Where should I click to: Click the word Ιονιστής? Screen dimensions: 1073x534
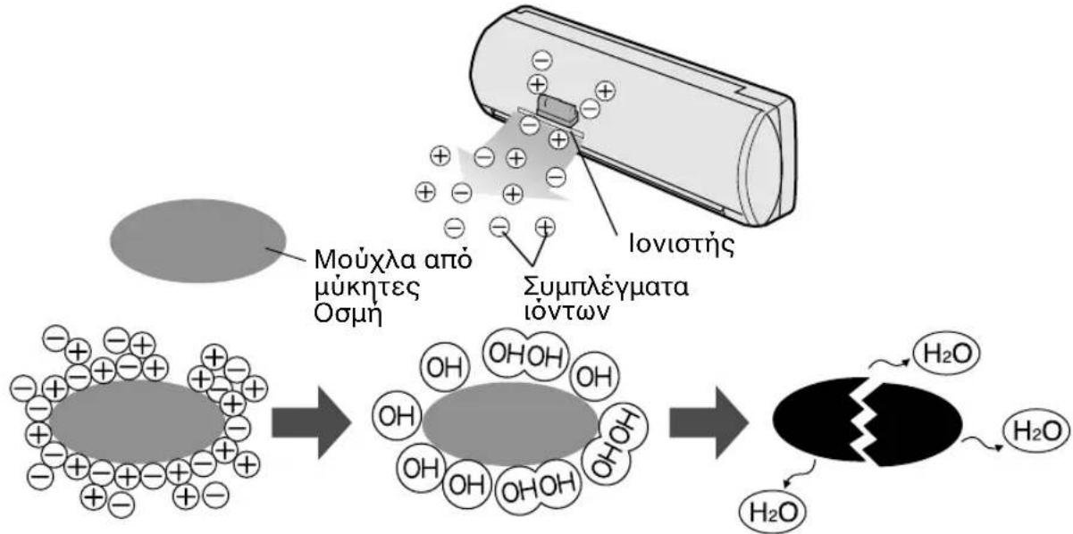(x=681, y=245)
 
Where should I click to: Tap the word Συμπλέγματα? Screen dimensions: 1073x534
(x=606, y=288)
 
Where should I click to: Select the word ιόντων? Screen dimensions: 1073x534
(x=567, y=312)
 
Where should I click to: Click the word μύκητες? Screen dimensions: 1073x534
(x=367, y=288)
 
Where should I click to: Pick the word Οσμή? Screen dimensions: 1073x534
(x=348, y=314)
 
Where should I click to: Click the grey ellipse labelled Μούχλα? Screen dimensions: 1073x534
(x=198, y=241)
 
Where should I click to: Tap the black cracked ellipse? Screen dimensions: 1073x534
(x=867, y=421)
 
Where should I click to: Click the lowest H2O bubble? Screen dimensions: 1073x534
(x=773, y=512)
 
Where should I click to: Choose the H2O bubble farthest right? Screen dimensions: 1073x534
(x=1036, y=431)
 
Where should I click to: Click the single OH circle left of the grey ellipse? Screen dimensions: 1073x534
(x=397, y=416)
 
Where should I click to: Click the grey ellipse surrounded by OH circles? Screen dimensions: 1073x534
(x=509, y=424)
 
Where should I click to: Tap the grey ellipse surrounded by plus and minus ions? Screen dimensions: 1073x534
(x=138, y=422)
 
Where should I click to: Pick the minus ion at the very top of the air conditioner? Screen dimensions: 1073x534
(x=542, y=61)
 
